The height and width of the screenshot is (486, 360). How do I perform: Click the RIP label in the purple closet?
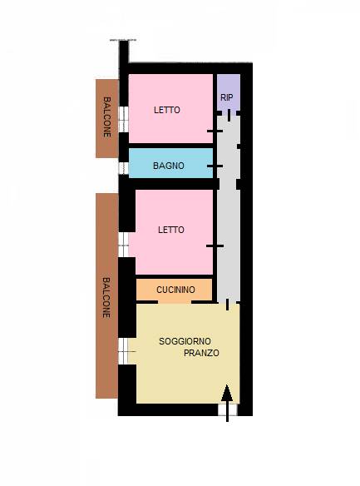(x=227, y=97)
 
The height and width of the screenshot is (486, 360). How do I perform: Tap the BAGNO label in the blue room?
(x=169, y=166)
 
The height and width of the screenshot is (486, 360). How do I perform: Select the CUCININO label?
(x=175, y=290)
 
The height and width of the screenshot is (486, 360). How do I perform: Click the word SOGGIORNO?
(x=185, y=341)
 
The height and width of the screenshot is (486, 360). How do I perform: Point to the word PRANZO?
(x=201, y=353)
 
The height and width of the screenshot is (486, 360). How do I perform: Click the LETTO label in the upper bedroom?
(x=167, y=110)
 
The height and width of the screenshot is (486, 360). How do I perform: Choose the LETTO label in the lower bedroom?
(x=171, y=230)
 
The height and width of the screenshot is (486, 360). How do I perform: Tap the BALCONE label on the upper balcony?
(x=106, y=117)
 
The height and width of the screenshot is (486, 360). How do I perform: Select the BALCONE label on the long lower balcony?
(x=106, y=298)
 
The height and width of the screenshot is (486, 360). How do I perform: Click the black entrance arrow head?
(x=227, y=393)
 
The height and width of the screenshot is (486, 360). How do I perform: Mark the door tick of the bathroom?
(x=215, y=166)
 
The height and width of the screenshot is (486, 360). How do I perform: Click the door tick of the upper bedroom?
(x=215, y=131)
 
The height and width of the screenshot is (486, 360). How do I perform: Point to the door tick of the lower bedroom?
(x=215, y=246)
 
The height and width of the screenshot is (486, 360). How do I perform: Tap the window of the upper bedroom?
(x=124, y=119)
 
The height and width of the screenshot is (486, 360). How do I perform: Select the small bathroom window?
(x=124, y=168)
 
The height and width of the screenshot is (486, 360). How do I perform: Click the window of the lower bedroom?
(x=124, y=245)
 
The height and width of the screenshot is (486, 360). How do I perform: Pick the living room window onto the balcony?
(x=124, y=350)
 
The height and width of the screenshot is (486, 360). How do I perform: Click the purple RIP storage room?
(x=229, y=92)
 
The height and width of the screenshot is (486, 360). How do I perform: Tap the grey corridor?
(x=229, y=208)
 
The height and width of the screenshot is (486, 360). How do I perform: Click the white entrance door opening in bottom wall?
(x=228, y=409)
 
